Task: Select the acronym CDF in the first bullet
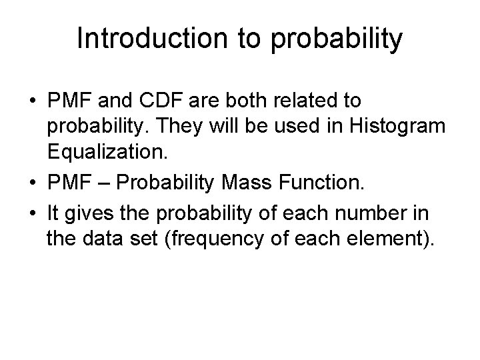[x=169, y=101]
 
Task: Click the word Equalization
[x=103, y=151]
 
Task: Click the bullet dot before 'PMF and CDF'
[x=33, y=102]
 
